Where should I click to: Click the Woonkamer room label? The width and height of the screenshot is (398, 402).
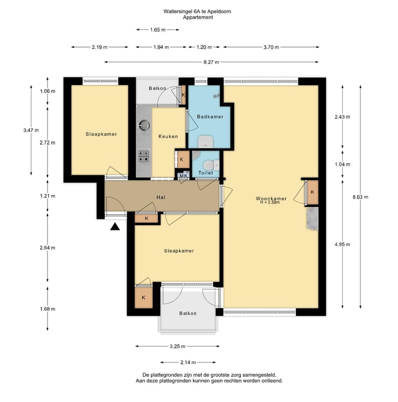pyautogui.click(x=271, y=198)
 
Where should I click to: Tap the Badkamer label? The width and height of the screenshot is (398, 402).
pyautogui.click(x=210, y=117)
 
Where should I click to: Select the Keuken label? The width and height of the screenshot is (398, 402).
pyautogui.click(x=168, y=137)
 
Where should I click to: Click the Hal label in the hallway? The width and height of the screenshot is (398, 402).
pyautogui.click(x=161, y=197)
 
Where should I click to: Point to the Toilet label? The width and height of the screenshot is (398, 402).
pyautogui.click(x=206, y=173)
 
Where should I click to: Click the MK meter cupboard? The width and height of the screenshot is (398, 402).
pyautogui.click(x=184, y=175)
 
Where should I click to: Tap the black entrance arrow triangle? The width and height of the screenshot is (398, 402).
pyautogui.click(x=115, y=226)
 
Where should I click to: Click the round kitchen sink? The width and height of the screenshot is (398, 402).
pyautogui.click(x=144, y=125)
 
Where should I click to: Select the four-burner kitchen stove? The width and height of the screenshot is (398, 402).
pyautogui.click(x=144, y=156)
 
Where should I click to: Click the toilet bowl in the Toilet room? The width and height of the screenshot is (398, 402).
pyautogui.click(x=208, y=165)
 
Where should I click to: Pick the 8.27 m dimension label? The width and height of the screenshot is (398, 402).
pyautogui.click(x=211, y=62)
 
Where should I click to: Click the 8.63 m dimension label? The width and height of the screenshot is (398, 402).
pyautogui.click(x=360, y=197)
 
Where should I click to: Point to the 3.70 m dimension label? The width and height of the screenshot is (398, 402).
pyautogui.click(x=271, y=47)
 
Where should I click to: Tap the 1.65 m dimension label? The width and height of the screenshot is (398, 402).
pyautogui.click(x=158, y=30)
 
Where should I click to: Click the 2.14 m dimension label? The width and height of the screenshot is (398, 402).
pyautogui.click(x=188, y=362)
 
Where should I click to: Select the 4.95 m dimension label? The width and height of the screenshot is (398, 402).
pyautogui.click(x=342, y=244)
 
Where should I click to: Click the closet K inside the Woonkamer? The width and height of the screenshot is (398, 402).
pyautogui.click(x=312, y=192)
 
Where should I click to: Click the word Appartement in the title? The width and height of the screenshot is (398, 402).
pyautogui.click(x=198, y=18)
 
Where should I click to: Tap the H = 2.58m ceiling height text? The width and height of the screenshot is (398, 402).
pyautogui.click(x=270, y=202)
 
